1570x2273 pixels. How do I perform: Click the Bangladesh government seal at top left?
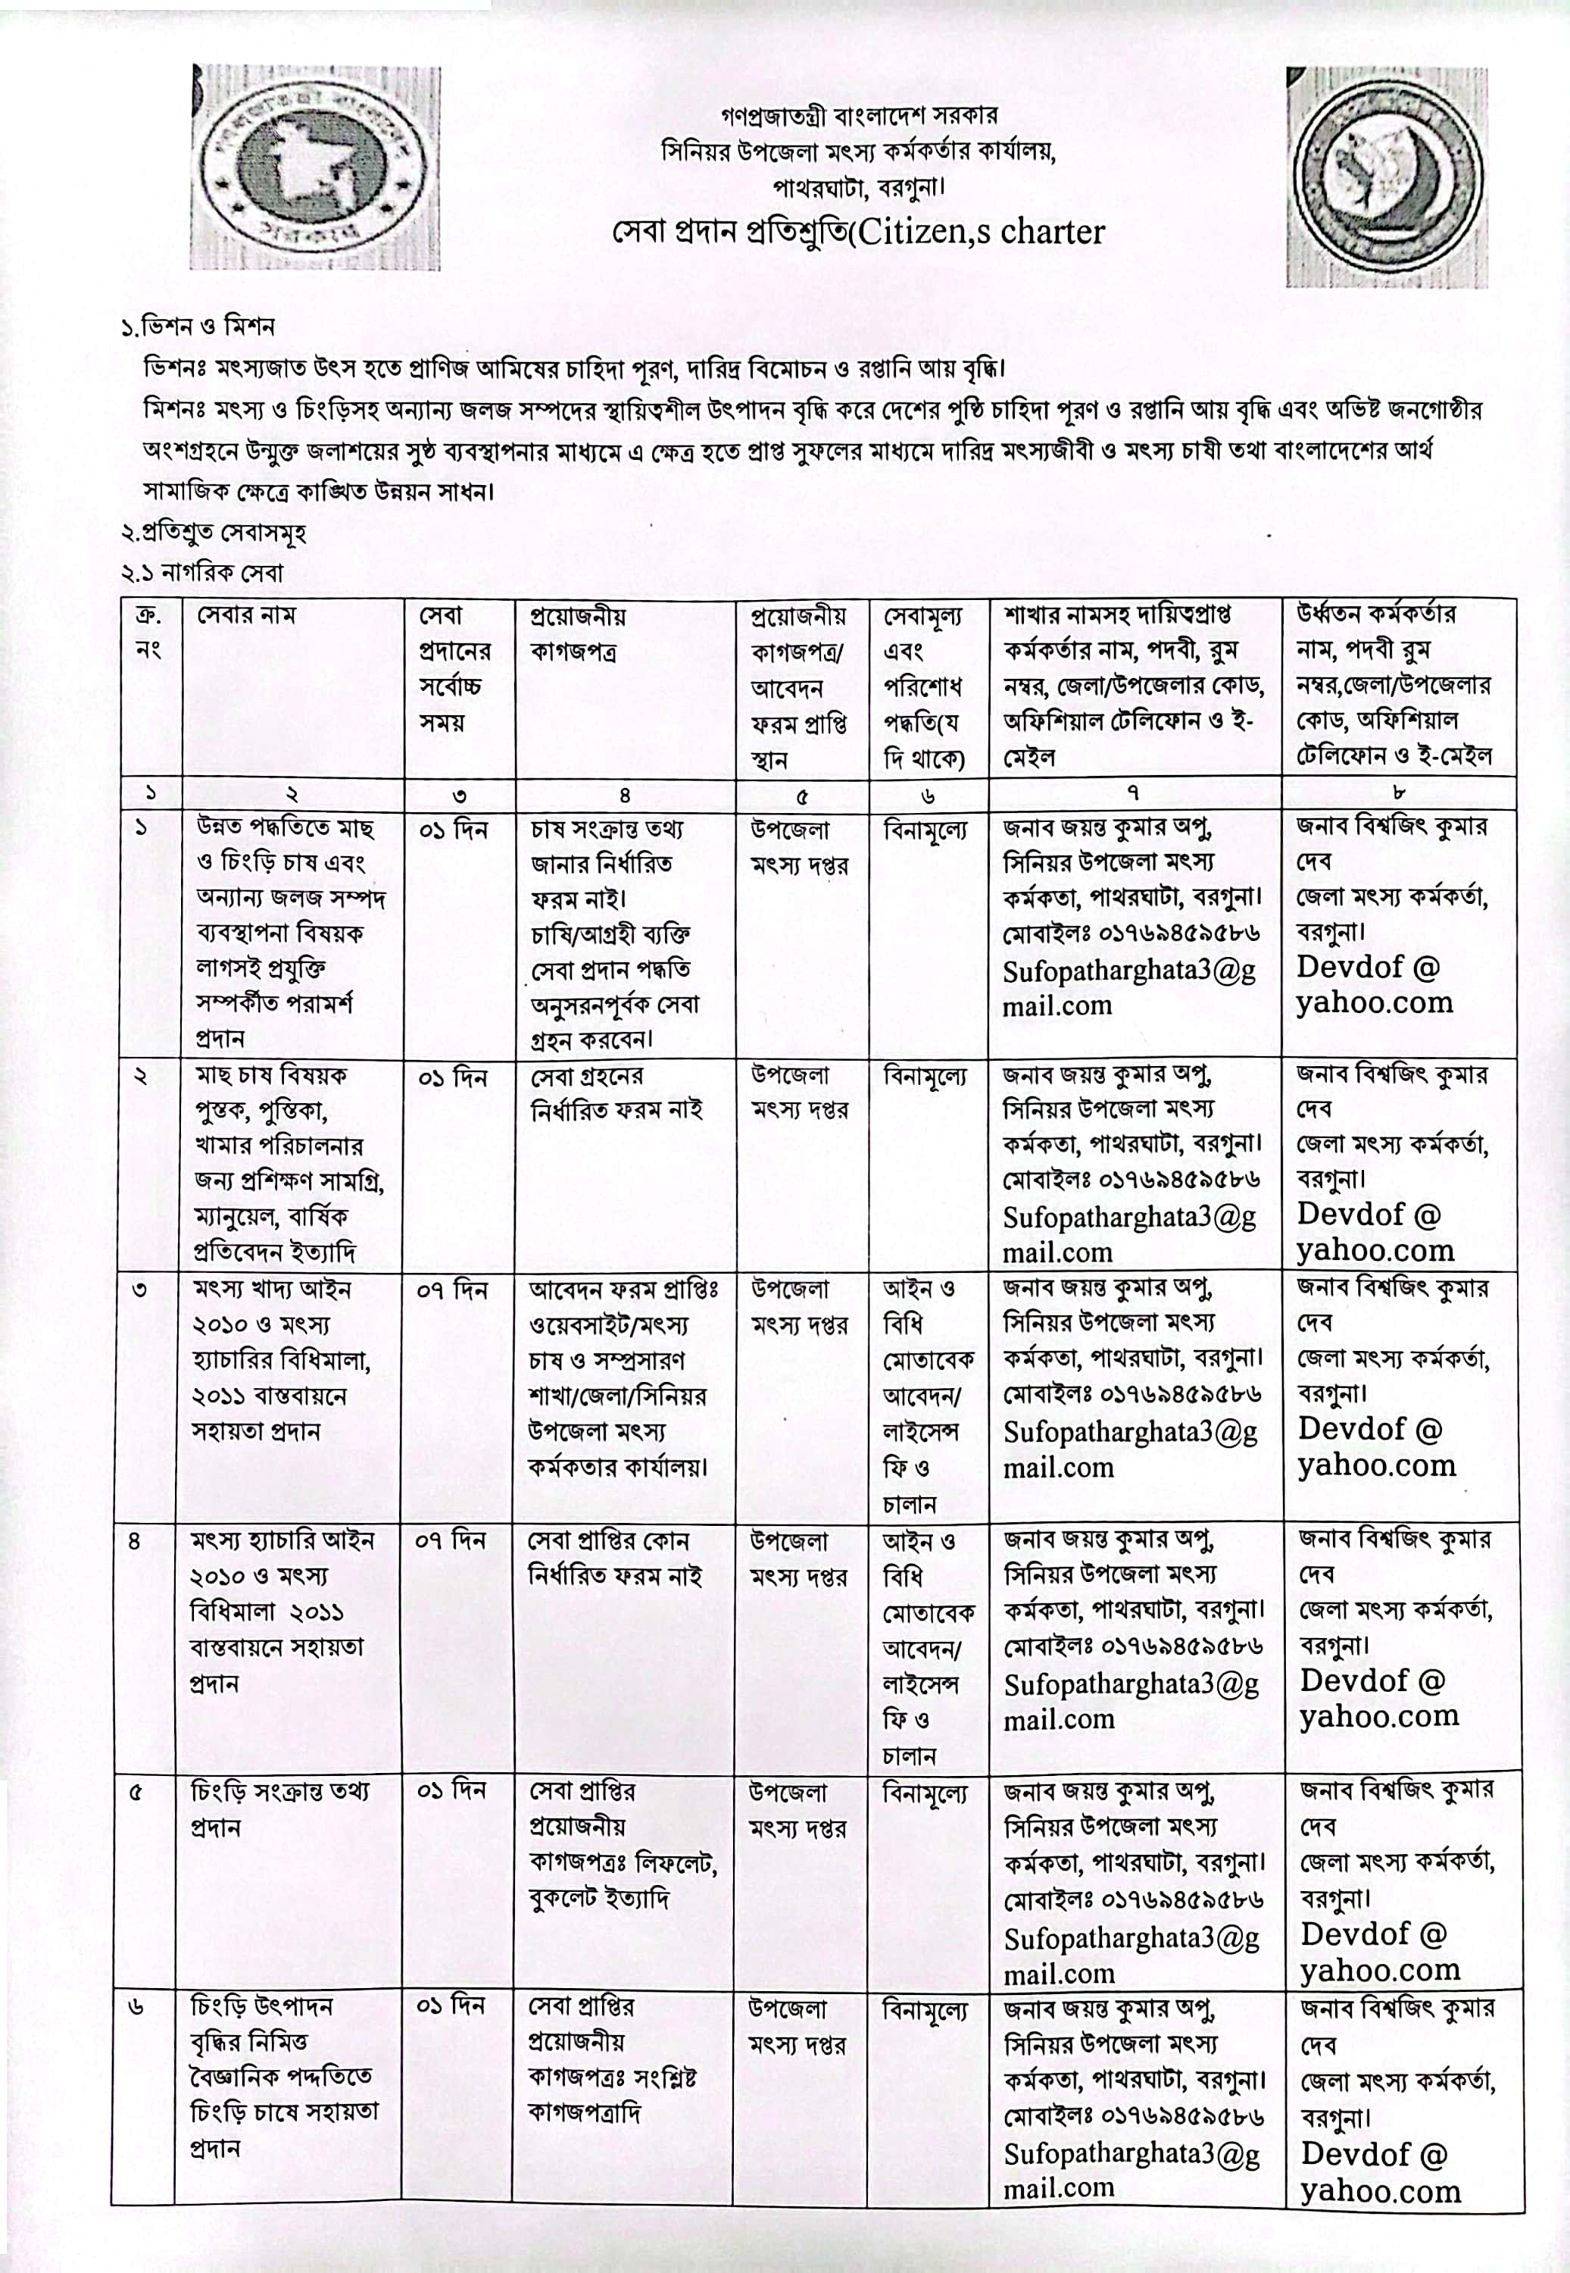click(x=315, y=169)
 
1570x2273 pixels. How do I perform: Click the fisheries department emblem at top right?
click(x=1386, y=178)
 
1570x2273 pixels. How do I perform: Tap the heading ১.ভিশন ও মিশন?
click(x=198, y=327)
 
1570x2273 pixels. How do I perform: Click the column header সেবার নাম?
click(x=246, y=616)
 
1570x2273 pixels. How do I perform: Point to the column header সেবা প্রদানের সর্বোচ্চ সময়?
click(x=454, y=669)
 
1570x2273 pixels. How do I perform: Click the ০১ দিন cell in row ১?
click(x=452, y=830)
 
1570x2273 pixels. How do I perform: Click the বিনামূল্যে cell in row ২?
click(x=925, y=1077)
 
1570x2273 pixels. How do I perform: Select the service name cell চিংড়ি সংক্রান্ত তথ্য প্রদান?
click(x=280, y=1809)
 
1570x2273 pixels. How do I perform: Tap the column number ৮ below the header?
click(x=1399, y=793)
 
